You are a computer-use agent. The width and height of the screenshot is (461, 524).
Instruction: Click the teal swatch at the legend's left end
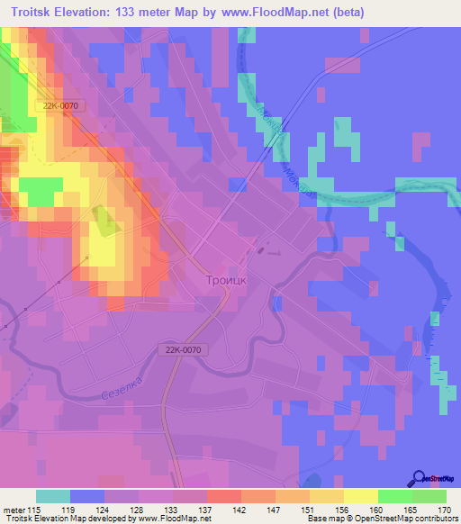[x=53, y=496]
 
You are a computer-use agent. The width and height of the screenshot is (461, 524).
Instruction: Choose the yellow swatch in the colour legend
[x=360, y=496]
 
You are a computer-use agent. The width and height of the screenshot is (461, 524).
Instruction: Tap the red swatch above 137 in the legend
[x=223, y=496]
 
